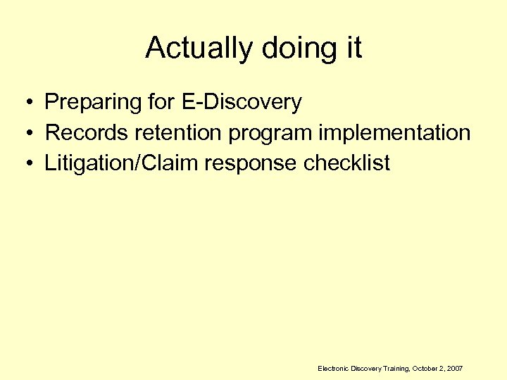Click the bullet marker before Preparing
(x=25, y=103)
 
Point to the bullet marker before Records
(x=25, y=134)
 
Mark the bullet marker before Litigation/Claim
(x=25, y=164)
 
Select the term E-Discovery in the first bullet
(x=242, y=102)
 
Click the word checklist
(x=347, y=163)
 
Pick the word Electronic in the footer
(x=334, y=368)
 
